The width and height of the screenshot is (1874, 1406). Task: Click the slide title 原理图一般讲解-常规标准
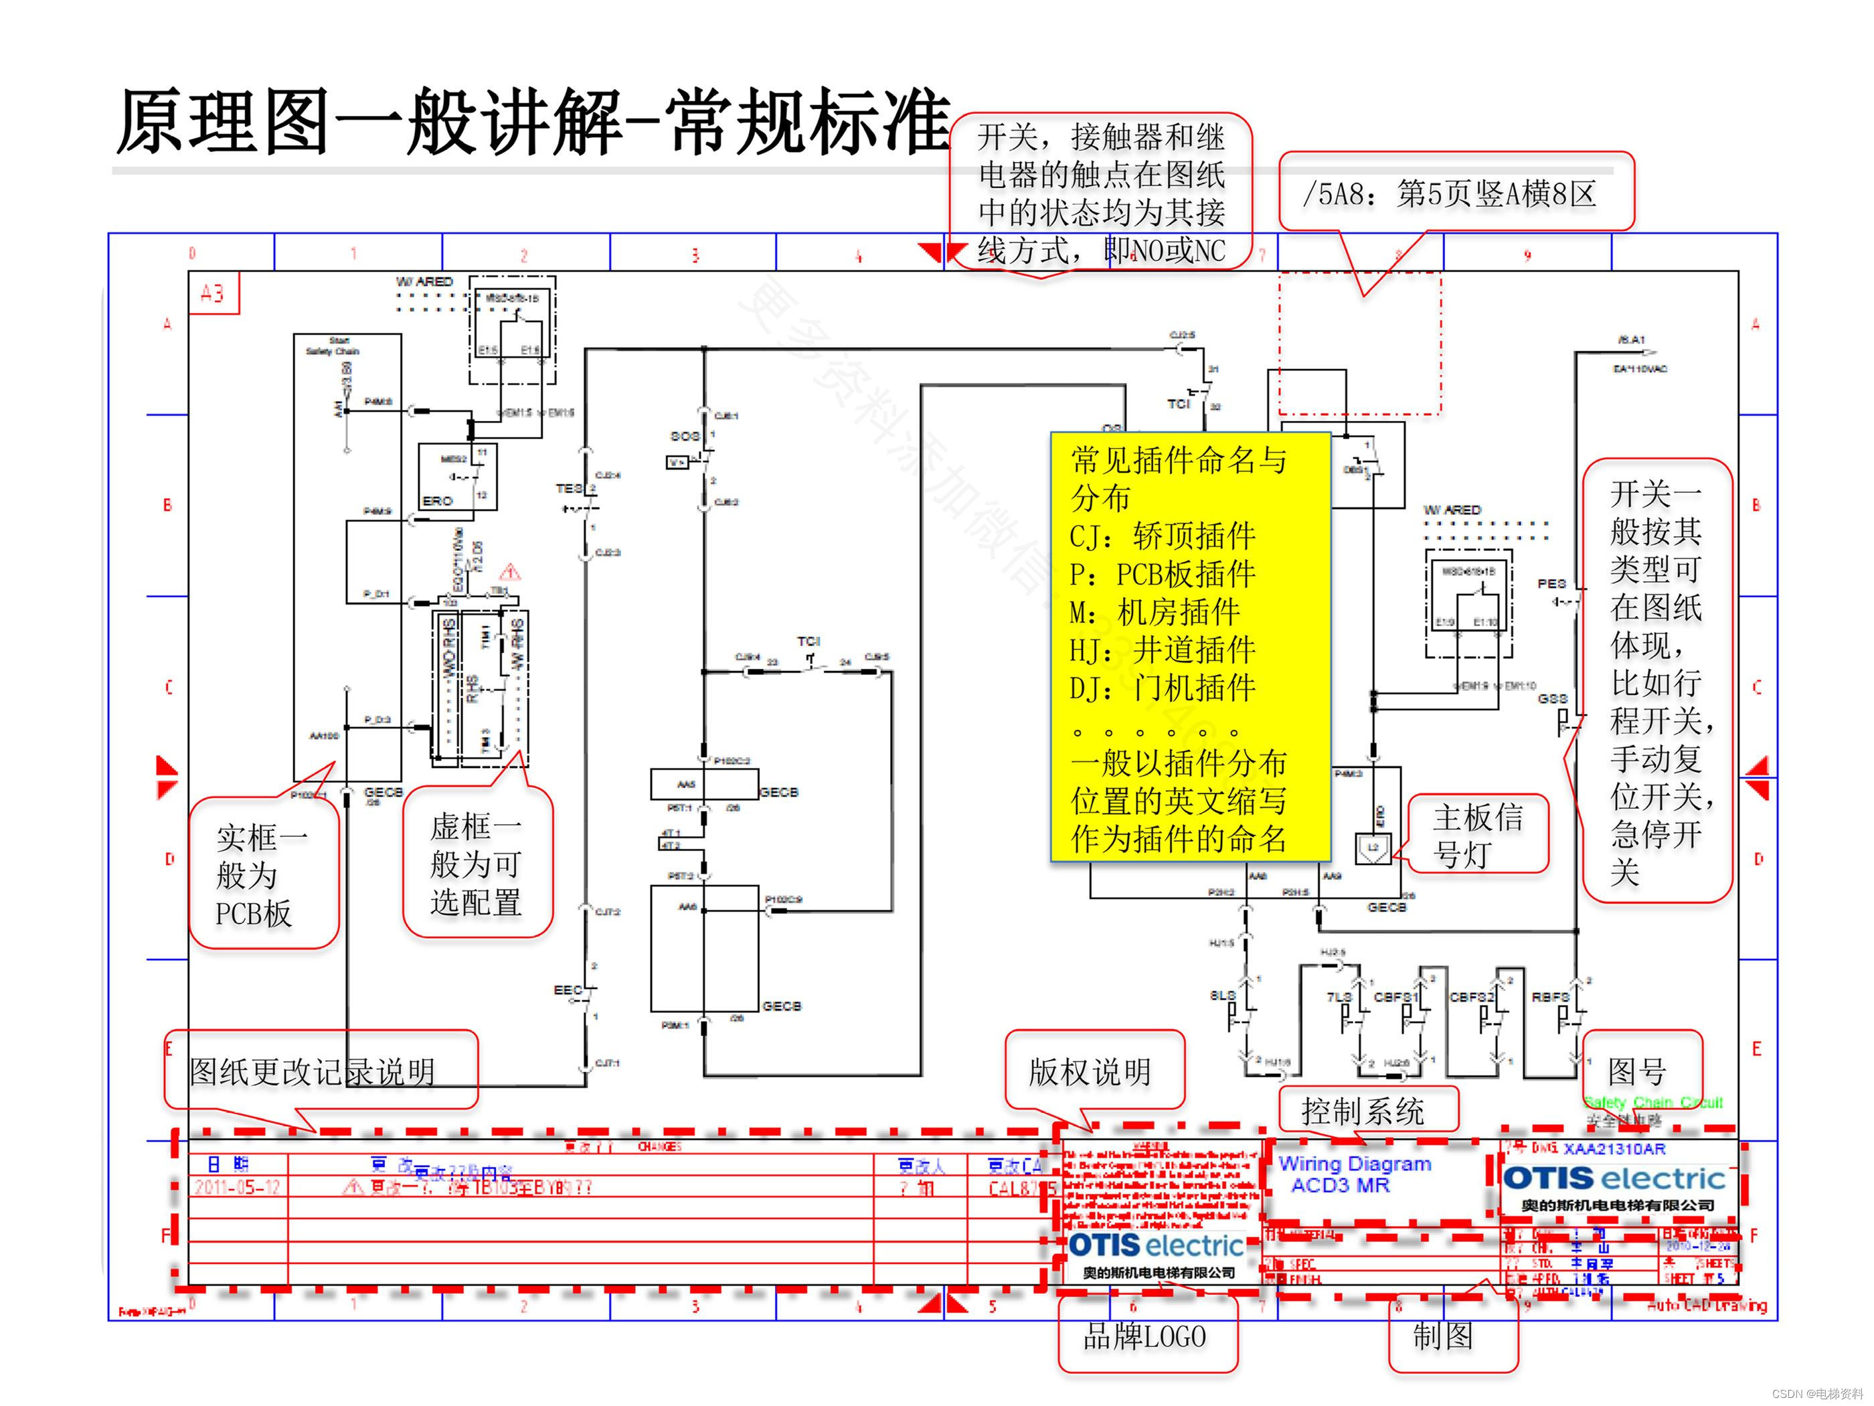pyautogui.click(x=532, y=123)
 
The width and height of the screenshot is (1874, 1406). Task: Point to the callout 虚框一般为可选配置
pyautogui.click(x=477, y=864)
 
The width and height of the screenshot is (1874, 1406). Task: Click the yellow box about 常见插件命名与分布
pyautogui.click(x=1189, y=648)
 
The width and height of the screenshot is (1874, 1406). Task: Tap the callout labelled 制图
pyautogui.click(x=1443, y=1336)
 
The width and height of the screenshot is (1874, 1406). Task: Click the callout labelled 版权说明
pyautogui.click(x=1090, y=1072)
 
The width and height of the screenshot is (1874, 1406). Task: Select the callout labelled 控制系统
pyautogui.click(x=1363, y=1111)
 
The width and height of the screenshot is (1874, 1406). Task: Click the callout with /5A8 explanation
pyautogui.click(x=1450, y=194)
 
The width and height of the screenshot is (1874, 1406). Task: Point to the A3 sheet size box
pyautogui.click(x=213, y=293)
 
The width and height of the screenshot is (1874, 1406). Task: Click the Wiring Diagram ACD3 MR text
pyautogui.click(x=1354, y=1174)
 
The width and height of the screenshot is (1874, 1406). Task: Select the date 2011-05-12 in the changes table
pyautogui.click(x=237, y=1187)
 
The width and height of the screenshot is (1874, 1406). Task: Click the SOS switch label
pyautogui.click(x=685, y=437)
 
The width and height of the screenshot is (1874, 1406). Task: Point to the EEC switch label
pyautogui.click(x=568, y=990)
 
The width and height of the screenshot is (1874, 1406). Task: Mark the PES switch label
pyautogui.click(x=1551, y=583)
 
